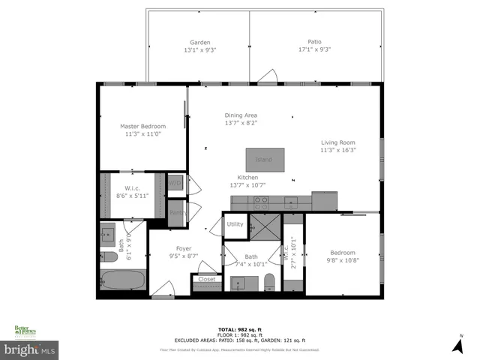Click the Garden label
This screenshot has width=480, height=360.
pyautogui.click(x=199, y=43)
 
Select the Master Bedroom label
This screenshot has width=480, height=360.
pyautogui.click(x=142, y=127)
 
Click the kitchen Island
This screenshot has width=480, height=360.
pyautogui.click(x=263, y=160)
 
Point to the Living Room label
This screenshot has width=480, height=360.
pyautogui.click(x=338, y=142)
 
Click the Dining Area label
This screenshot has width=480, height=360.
pyautogui.click(x=241, y=115)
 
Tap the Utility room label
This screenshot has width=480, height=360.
pyautogui.click(x=235, y=224)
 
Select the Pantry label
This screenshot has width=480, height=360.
pyautogui.click(x=177, y=213)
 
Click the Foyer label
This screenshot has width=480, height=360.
pyautogui.click(x=184, y=248)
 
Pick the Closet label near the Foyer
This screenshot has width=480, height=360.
pyautogui.click(x=206, y=279)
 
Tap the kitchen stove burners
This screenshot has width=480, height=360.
pyautogui.click(x=261, y=201)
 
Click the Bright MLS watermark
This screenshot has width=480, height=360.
pyautogui.click(x=30, y=349)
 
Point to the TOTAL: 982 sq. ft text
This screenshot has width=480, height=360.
pyautogui.click(x=240, y=329)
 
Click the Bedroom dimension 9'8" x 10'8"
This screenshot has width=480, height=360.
pyautogui.click(x=343, y=260)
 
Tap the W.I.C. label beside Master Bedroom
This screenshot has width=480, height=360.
pyautogui.click(x=132, y=188)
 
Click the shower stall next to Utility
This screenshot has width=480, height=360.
pyautogui.click(x=263, y=224)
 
